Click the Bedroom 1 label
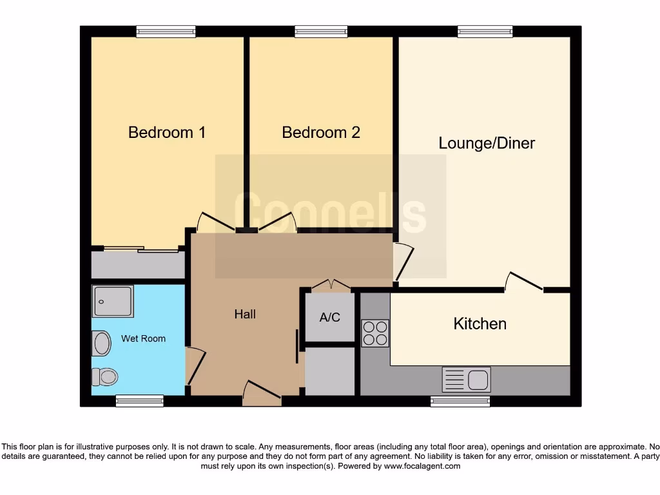tap(167, 133)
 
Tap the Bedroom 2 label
tap(321, 133)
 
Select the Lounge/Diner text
tap(487, 143)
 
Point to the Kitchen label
tap(480, 324)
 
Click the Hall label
tap(245, 315)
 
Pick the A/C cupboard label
tap(329, 318)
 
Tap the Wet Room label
tap(143, 338)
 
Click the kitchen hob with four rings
tap(375, 333)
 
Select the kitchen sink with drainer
tap(466, 379)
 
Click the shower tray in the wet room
tap(113, 301)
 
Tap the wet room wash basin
tap(102, 343)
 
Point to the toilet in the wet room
tap(104, 376)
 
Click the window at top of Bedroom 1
tap(166, 31)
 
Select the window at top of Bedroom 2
tap(321, 31)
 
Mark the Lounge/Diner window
tap(485, 31)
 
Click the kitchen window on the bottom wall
tap(460, 401)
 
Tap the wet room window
tap(139, 401)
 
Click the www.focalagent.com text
tap(422, 466)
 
